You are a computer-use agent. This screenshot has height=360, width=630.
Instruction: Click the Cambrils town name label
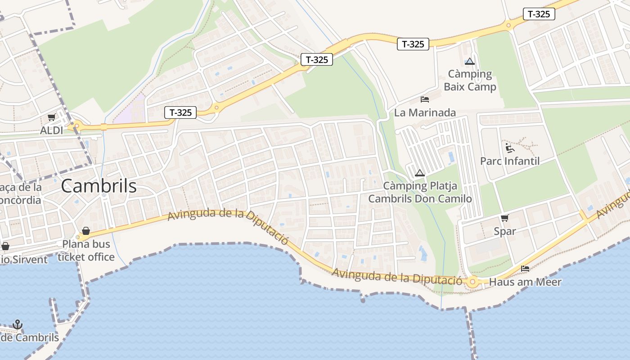coord(99,186)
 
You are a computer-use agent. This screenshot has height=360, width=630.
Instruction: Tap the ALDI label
coord(51,130)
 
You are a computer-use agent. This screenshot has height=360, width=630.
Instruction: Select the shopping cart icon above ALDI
coord(51,117)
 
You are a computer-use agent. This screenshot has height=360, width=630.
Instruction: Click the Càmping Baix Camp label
coord(470,80)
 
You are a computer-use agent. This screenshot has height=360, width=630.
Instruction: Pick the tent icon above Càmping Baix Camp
coord(470,61)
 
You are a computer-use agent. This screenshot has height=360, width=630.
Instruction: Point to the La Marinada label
coord(425,112)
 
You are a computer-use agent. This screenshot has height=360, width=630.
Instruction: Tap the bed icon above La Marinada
coord(424,99)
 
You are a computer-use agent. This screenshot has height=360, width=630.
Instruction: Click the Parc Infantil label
coord(509,161)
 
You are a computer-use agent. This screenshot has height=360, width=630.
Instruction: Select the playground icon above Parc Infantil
coord(509,148)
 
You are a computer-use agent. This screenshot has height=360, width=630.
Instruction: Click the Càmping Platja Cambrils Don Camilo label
coord(420,192)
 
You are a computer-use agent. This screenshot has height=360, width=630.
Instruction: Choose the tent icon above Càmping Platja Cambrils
coord(419,173)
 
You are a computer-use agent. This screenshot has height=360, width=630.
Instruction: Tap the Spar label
coord(504,231)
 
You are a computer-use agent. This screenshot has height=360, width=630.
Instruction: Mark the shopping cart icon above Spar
coord(504,218)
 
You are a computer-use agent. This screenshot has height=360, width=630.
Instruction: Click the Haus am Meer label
coord(525,282)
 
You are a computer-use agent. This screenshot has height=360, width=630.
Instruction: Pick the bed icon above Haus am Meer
coord(525,269)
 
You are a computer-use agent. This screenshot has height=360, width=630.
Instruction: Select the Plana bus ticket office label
coord(86,251)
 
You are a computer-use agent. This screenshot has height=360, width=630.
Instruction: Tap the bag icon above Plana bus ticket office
coord(86,231)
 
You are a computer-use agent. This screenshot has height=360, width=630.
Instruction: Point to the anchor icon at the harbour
coord(18,324)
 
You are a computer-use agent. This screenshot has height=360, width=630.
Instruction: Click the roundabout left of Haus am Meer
coord(472,282)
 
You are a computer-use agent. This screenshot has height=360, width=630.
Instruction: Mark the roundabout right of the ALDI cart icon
coord(76,126)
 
